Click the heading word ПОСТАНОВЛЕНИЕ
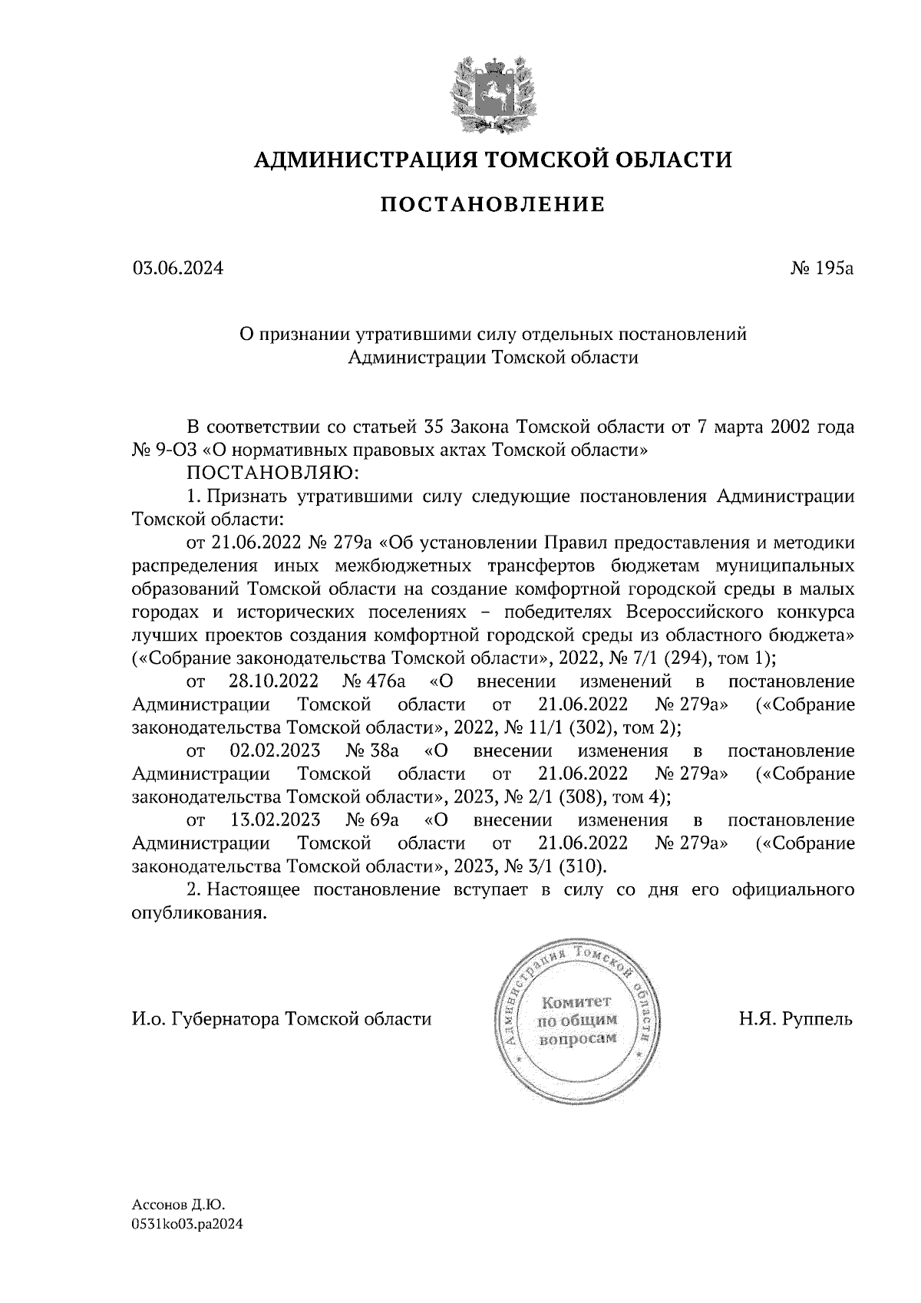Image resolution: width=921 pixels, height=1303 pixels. [494, 205]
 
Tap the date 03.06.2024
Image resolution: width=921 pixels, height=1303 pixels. [178, 269]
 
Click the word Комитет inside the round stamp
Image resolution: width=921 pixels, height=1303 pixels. [575, 1002]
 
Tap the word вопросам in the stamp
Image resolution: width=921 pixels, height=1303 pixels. [577, 1039]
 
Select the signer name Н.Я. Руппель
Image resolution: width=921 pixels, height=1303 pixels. [796, 1020]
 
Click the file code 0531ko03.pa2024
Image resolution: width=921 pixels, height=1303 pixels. [187, 1225]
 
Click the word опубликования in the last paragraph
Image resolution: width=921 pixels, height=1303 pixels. [200, 913]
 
